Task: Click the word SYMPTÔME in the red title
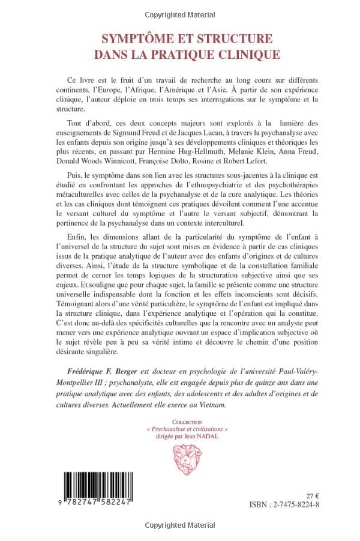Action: pyautogui.click(x=133, y=38)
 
